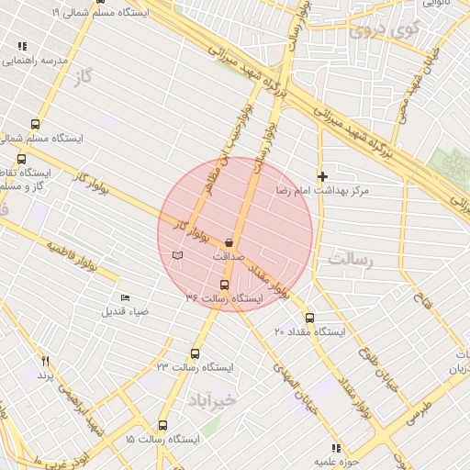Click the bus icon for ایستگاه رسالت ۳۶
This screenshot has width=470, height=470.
tap(225, 285)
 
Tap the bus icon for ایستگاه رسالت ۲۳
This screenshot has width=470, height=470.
tap(195, 353)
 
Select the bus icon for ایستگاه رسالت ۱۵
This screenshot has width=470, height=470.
tap(162, 426)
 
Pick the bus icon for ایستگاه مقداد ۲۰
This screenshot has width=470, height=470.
tap(308, 318)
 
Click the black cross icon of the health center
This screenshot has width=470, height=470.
tap(322, 175)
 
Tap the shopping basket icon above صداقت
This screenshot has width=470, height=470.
tap(229, 243)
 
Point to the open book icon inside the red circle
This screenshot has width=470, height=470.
tap(177, 253)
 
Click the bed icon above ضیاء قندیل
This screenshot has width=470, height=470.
tap(125, 298)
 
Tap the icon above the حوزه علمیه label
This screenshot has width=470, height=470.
tap(336, 448)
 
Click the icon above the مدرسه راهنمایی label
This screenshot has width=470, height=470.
tap(22, 46)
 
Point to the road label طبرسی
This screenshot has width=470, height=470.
tap(414, 408)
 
